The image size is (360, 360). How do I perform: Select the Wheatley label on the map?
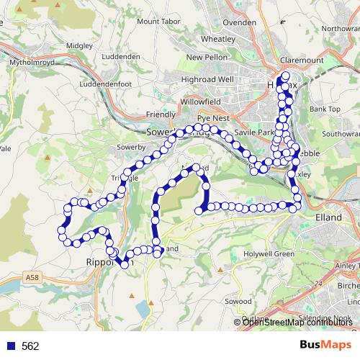[218, 39]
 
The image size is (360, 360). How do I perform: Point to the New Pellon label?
[206, 58]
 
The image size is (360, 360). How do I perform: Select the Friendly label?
[160, 114]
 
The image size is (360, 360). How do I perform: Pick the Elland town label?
[329, 215]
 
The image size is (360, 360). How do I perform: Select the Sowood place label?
[238, 300]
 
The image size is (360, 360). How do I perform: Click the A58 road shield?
[31, 276]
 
